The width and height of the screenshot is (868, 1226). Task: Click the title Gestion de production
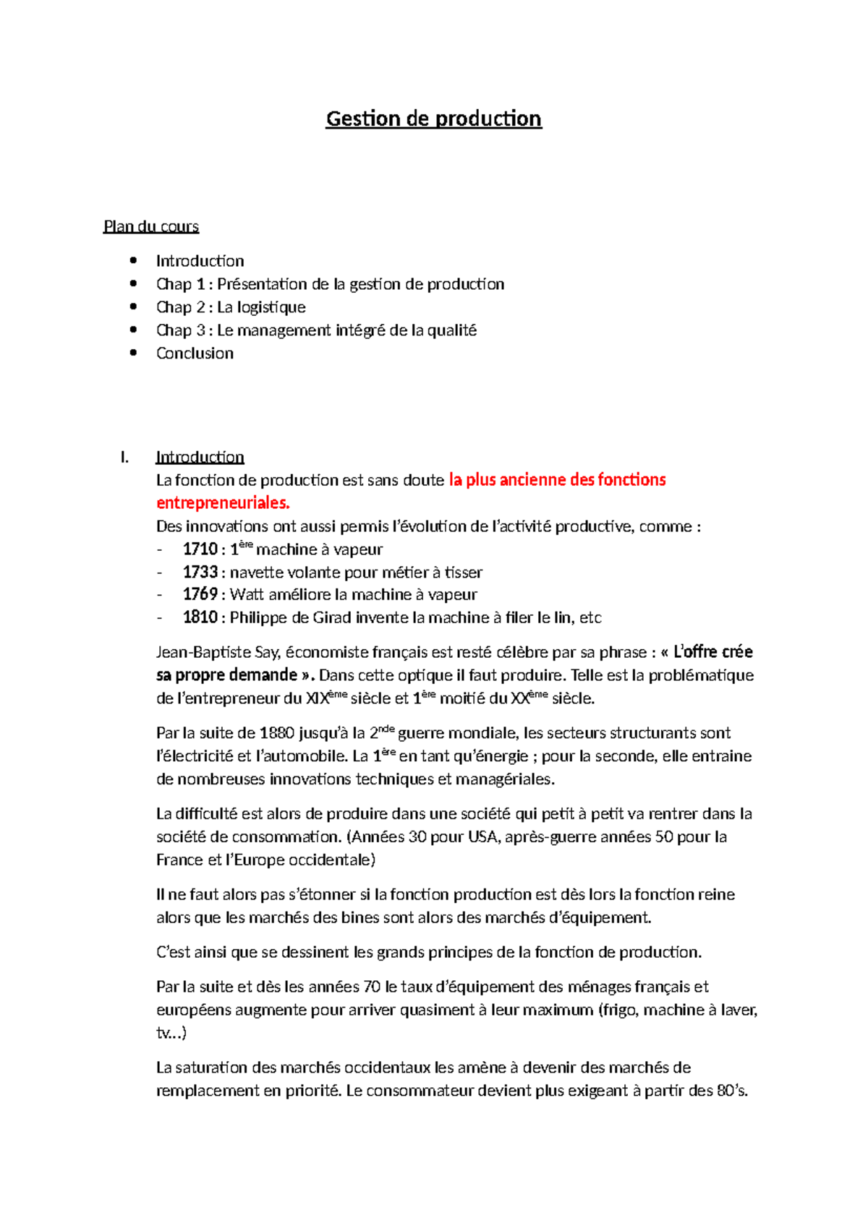click(x=433, y=119)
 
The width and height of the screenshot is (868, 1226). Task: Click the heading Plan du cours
click(x=150, y=226)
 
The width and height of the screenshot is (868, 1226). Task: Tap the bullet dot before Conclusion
click(x=132, y=353)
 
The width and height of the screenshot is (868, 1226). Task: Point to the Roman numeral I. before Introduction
click(x=125, y=457)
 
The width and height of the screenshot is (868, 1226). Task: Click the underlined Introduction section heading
click(x=200, y=457)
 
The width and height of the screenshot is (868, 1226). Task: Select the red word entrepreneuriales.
click(x=223, y=503)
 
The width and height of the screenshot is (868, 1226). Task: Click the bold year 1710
click(x=200, y=549)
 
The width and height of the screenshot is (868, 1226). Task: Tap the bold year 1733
click(x=200, y=573)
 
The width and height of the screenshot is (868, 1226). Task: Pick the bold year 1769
click(x=200, y=594)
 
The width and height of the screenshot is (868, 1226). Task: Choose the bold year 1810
click(x=200, y=617)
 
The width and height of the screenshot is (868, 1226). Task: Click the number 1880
click(x=276, y=733)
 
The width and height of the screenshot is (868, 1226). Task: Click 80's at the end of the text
click(x=731, y=1091)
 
